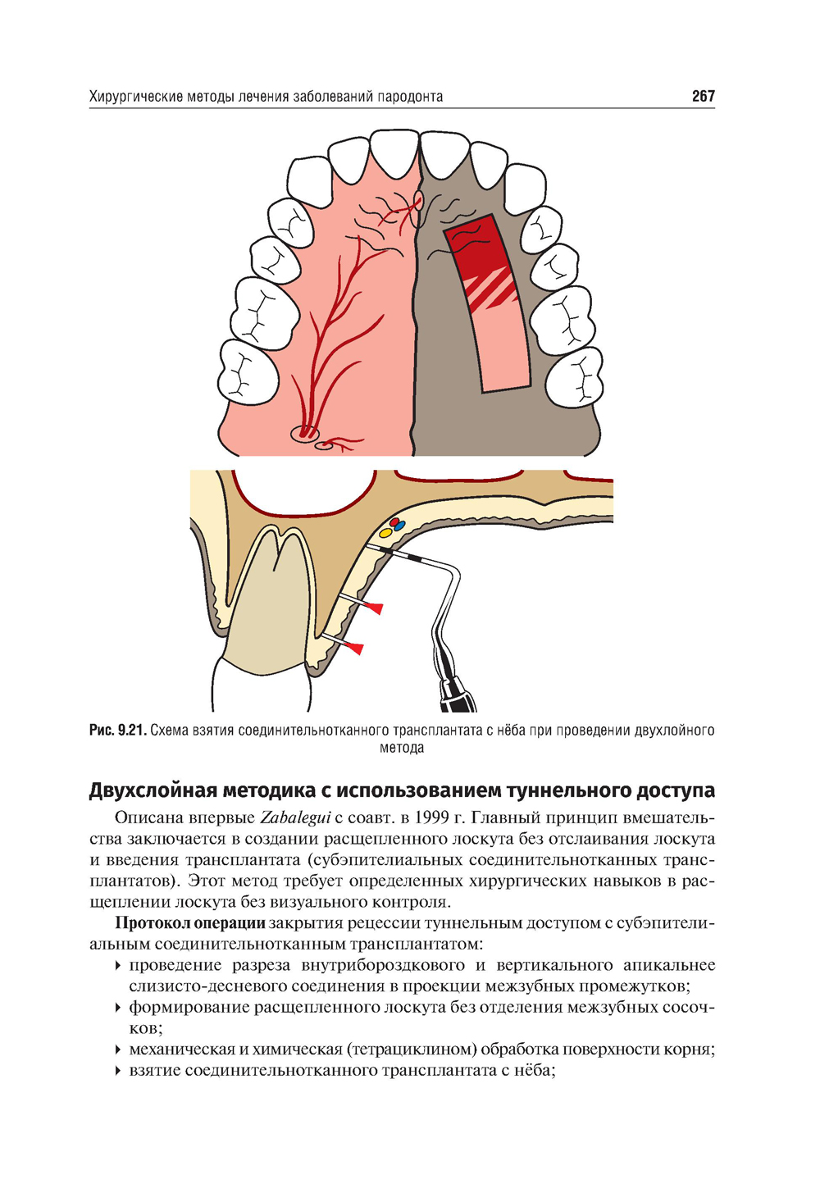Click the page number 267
703,97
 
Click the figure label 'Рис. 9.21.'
117,731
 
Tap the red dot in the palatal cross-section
394,521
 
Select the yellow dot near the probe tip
385,531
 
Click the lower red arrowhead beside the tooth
355,648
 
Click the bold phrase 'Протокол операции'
190,923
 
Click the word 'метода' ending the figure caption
402,748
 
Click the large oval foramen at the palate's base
303,434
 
